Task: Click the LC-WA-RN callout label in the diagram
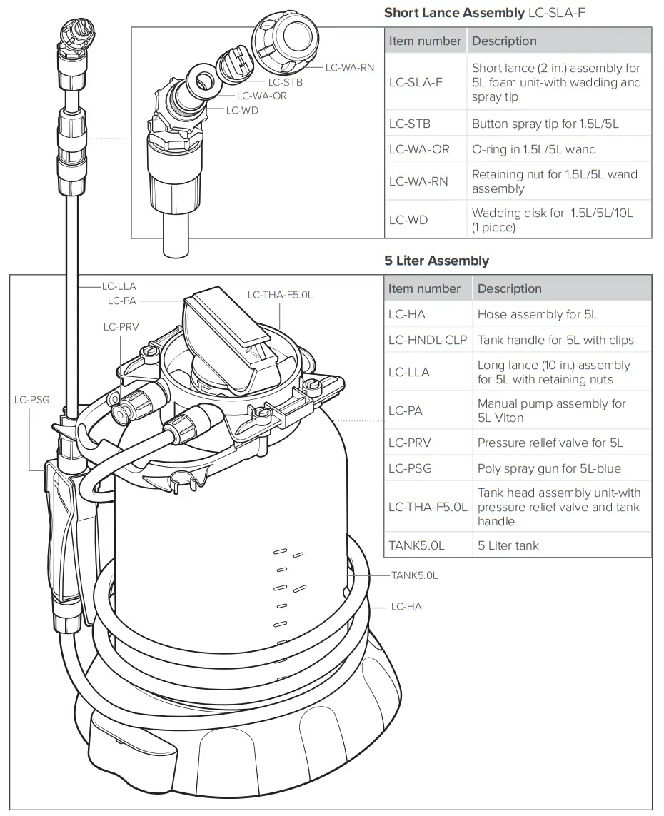pos(350,68)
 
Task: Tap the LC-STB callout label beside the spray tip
pos(286,82)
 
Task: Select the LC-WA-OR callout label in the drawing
pos(262,96)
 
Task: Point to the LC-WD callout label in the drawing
pos(242,110)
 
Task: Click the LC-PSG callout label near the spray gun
pos(32,399)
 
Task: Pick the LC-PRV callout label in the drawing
pos(121,327)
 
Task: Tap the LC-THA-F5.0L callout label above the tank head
pos(280,294)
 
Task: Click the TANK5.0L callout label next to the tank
pos(414,575)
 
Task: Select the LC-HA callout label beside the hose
pos(406,607)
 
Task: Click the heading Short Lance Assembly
pos(454,12)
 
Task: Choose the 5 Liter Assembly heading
pos(436,261)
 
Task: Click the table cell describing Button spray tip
pos(545,124)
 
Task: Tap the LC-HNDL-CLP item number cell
pos(428,340)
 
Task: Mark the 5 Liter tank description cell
pos(508,545)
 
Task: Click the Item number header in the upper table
pos(425,41)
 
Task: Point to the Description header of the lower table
pos(509,288)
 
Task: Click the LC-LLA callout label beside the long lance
pos(118,286)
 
